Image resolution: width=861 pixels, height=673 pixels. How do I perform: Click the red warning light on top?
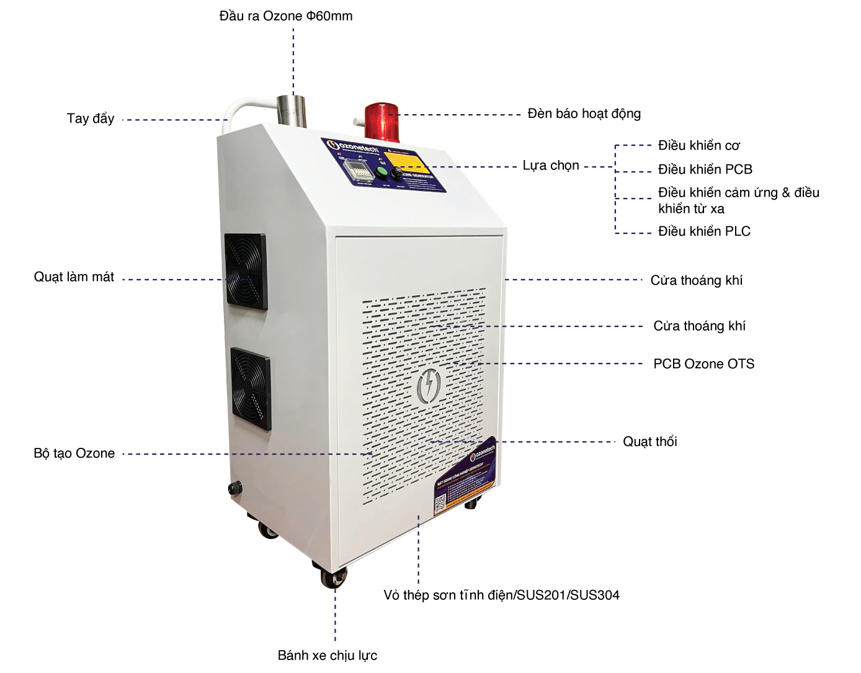click(379, 119)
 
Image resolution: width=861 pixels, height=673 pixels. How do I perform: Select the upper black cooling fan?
click(246, 271)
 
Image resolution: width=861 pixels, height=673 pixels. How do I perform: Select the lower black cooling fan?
click(251, 389)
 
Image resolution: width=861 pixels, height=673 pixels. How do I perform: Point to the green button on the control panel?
click(381, 171)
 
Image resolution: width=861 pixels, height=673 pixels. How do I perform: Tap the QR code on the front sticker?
click(441, 506)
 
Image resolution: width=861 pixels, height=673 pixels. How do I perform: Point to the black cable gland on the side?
click(235, 488)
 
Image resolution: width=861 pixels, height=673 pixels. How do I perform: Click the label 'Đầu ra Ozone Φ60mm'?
click(286, 16)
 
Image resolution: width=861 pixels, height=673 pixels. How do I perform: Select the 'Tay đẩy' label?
click(91, 118)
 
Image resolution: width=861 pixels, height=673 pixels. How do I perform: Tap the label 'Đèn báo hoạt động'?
click(584, 114)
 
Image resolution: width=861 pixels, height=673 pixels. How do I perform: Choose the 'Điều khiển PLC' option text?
click(704, 231)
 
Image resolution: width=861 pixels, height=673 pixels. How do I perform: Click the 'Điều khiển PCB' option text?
click(705, 169)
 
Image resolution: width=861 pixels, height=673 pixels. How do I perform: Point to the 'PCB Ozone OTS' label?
click(703, 364)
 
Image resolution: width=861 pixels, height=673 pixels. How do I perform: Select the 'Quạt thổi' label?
click(649, 442)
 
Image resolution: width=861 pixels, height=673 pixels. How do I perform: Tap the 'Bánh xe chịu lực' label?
click(327, 656)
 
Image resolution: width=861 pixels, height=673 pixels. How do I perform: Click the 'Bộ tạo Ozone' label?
click(74, 453)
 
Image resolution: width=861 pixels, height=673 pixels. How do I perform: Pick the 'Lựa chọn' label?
click(551, 166)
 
